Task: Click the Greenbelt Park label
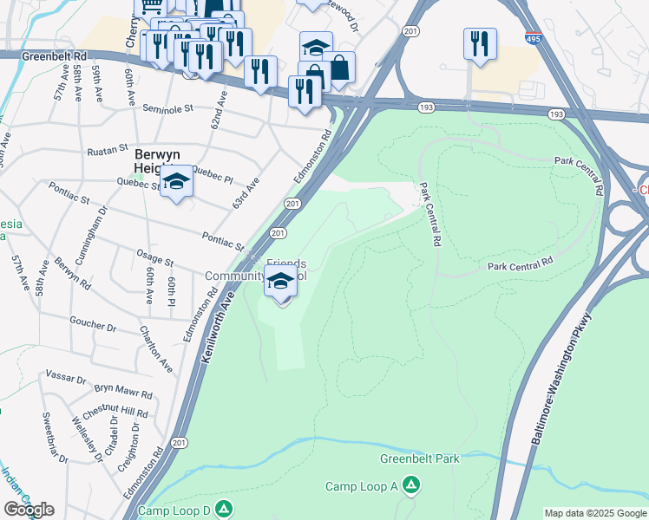click(419, 458)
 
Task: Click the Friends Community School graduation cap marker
click(281, 283)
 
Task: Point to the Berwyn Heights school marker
click(176, 183)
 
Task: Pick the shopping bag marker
click(338, 68)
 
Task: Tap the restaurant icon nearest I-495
click(480, 42)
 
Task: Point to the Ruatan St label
click(107, 150)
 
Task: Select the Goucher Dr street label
click(93, 326)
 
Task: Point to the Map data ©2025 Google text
click(595, 513)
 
